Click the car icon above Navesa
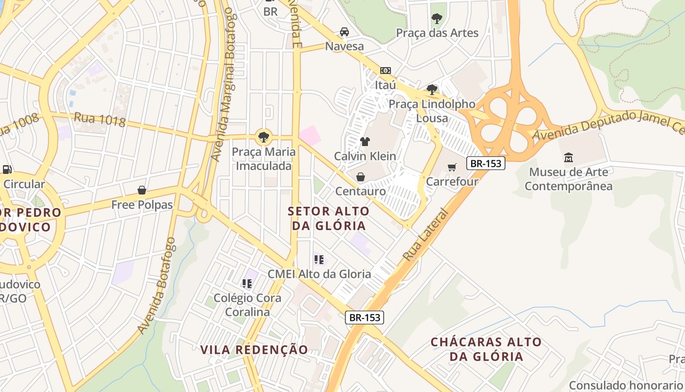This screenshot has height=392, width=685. (344, 32)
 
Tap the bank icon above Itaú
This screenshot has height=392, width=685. (386, 71)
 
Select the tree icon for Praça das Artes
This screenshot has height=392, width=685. (436, 19)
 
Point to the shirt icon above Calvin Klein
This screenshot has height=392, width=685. (365, 142)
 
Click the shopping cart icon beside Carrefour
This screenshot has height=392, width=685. (452, 167)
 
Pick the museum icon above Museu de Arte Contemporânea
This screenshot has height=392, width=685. (569, 158)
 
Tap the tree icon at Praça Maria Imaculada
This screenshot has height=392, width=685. (264, 137)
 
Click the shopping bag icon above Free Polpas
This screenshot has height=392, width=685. (142, 190)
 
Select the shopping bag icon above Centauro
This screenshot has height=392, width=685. (361, 177)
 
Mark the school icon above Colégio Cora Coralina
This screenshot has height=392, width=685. (247, 284)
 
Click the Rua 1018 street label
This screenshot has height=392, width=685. (100, 120)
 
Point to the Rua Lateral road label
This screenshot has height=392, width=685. (425, 235)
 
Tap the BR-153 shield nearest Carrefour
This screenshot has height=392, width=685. (485, 163)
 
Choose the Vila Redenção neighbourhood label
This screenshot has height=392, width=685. (254, 350)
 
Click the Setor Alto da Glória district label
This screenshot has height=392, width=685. (327, 218)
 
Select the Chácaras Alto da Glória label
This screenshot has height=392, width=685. (486, 349)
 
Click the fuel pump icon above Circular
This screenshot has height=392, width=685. (7, 170)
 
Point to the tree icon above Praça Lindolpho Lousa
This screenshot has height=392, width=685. (432, 90)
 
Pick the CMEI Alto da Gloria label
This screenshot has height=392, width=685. (319, 274)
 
